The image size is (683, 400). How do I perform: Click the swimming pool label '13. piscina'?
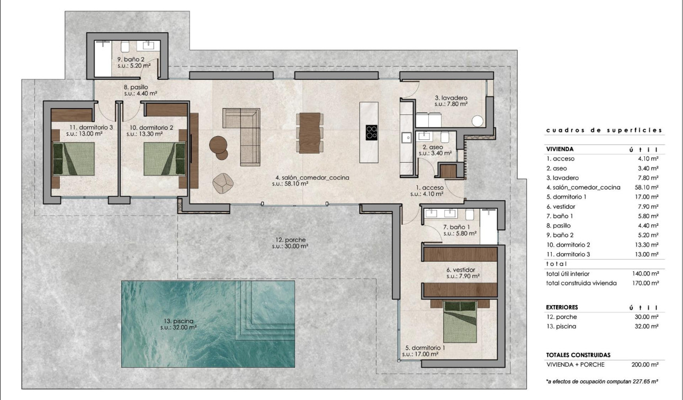[178, 321]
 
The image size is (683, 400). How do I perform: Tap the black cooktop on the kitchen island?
[372, 132]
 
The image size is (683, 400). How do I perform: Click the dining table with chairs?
[310, 132]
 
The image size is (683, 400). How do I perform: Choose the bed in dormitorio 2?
[165, 158]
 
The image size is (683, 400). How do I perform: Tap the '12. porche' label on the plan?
[290, 239]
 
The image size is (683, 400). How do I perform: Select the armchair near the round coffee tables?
[223, 182]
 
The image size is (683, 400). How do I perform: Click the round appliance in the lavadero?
[478, 121]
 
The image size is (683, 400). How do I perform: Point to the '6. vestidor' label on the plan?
[463, 269]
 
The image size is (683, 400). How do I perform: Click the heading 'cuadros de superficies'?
[604, 130]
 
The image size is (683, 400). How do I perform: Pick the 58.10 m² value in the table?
[647, 188]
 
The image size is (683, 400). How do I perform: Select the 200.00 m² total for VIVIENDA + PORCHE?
[646, 365]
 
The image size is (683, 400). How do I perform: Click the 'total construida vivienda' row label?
[581, 283]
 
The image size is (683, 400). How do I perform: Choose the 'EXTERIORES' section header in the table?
[562, 307]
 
